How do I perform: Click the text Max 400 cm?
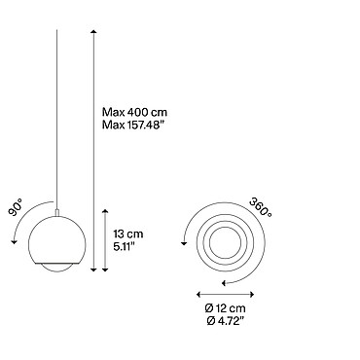[135, 112]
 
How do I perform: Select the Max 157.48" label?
[131, 125]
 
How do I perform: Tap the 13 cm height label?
[128, 234]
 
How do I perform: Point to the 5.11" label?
[124, 247]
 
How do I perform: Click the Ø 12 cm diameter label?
[226, 307]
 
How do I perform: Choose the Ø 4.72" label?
[225, 321]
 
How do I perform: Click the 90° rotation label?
[16, 208]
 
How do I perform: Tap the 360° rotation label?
[261, 207]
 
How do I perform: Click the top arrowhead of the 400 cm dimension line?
[93, 31]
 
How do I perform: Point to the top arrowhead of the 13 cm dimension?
[105, 212]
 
